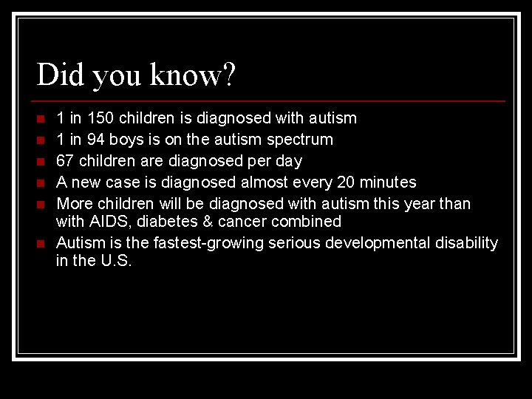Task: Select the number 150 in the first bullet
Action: point(100,118)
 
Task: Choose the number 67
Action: point(66,161)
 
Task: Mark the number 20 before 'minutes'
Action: point(346,182)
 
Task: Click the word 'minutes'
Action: point(388,182)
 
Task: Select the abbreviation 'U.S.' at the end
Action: point(116,261)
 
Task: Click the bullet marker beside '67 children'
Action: point(41,161)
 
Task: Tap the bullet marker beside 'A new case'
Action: point(41,183)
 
